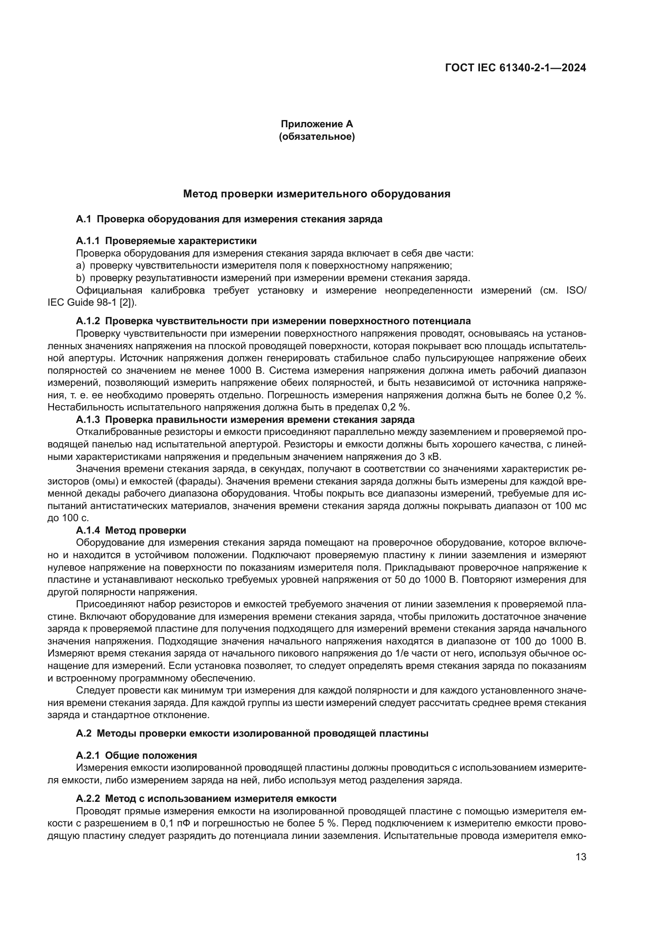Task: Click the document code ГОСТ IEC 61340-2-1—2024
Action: tap(515, 68)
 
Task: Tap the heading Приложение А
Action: tap(316, 124)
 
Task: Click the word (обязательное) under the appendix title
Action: tap(316, 137)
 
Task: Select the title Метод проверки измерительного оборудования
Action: tap(316, 194)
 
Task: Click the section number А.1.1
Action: tap(88, 241)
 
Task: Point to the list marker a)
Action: tap(81, 265)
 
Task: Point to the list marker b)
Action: tap(81, 278)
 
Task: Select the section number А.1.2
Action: tap(88, 321)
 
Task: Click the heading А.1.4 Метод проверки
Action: tap(131, 530)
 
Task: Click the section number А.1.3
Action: tap(88, 420)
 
